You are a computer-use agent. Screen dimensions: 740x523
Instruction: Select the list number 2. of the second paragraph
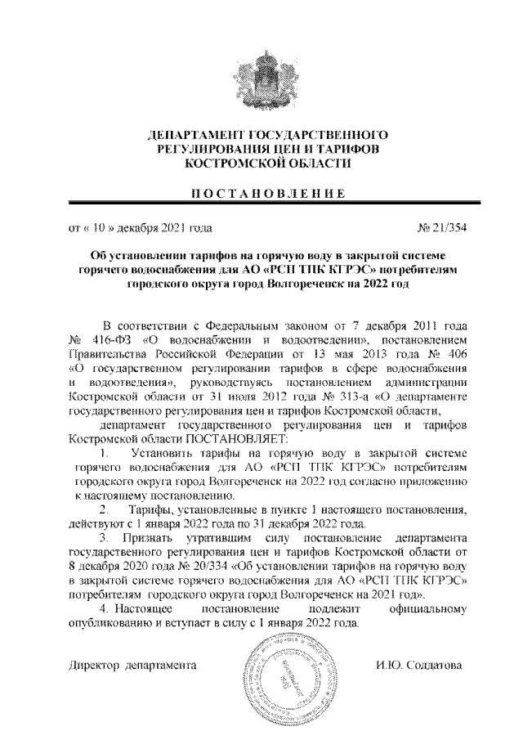pos(104,510)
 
